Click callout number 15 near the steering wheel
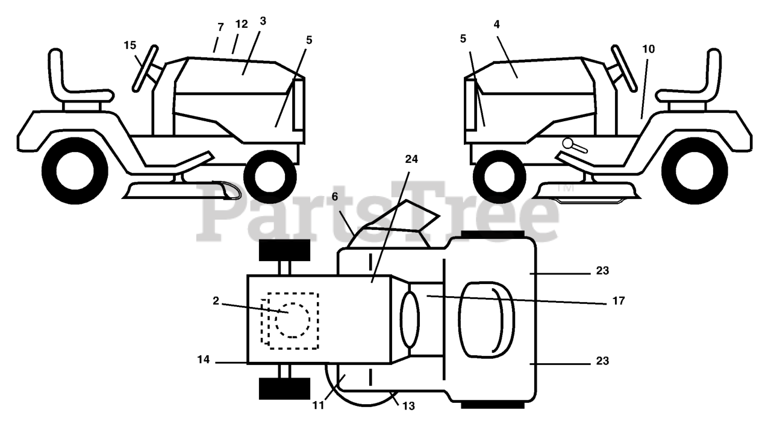tap(130, 45)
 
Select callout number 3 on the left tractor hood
tap(263, 21)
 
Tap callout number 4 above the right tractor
tap(496, 25)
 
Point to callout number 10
tap(648, 49)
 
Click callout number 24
tap(411, 159)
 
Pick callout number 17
tap(617, 300)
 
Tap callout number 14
tap(203, 360)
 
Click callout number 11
tap(319, 406)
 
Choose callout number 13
tap(408, 406)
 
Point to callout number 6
tap(335, 197)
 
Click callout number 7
tap(220, 27)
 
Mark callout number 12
tap(241, 25)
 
